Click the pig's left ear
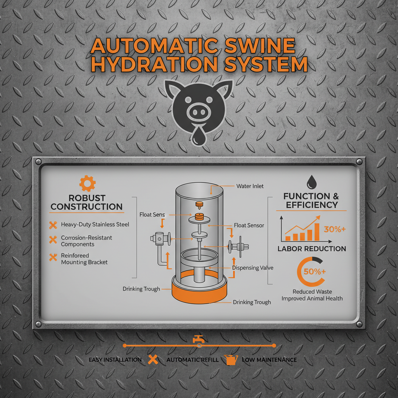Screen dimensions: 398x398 tap(173, 89)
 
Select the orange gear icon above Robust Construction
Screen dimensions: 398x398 tap(87, 183)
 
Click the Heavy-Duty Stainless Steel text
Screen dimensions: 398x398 tap(95, 224)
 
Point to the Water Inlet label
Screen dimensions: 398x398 tap(250, 186)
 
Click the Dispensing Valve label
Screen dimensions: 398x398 tap(253, 268)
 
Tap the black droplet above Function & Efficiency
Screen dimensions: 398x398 tap(311, 182)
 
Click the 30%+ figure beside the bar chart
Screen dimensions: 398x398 tap(335, 229)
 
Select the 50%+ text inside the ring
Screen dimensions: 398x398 tap(315, 272)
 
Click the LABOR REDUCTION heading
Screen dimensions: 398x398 tap(312, 249)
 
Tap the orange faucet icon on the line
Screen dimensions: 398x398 tap(199, 339)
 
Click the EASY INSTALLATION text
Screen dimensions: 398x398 tap(115, 360)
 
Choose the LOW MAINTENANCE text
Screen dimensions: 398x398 tap(269, 360)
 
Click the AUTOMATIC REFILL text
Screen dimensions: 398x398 tap(192, 360)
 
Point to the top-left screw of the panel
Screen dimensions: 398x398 tap(38, 162)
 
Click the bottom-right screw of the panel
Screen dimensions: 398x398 tap(359, 324)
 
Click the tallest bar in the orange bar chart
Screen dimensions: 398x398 tap(317, 232)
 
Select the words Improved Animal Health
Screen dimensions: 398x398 tap(312, 298)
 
